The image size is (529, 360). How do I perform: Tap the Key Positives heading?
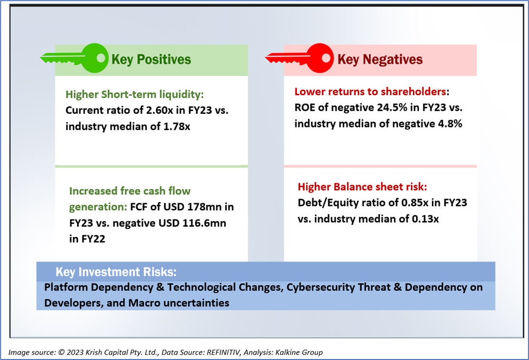pyautogui.click(x=151, y=60)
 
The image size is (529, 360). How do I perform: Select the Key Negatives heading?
pyautogui.click(x=380, y=60)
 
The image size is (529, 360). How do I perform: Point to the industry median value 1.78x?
pyautogui.click(x=177, y=127)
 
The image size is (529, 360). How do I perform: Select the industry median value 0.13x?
pyautogui.click(x=425, y=219)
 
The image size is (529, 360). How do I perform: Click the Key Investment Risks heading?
pyautogui.click(x=116, y=272)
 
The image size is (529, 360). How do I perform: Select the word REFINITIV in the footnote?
pyautogui.click(x=223, y=352)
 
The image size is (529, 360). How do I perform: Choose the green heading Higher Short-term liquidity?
pyautogui.click(x=135, y=94)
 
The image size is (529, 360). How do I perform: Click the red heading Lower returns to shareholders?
pyautogui.click(x=370, y=91)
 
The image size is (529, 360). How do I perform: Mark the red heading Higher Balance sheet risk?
pyautogui.click(x=362, y=187)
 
